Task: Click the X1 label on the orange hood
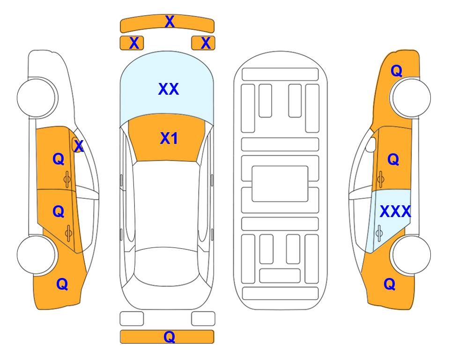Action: (x=169, y=138)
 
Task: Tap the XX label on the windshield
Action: (x=169, y=89)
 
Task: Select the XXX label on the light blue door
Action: (x=395, y=212)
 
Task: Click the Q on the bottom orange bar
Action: (x=169, y=337)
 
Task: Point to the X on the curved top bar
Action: (x=170, y=22)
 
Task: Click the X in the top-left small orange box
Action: (x=134, y=43)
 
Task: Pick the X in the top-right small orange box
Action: (x=206, y=43)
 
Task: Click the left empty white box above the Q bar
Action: (x=132, y=319)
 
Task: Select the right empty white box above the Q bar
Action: (x=203, y=319)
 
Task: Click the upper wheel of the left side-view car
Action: (x=37, y=97)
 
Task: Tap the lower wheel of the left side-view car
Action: (x=37, y=255)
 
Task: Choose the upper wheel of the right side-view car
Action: (x=411, y=97)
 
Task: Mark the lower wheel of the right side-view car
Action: (x=411, y=255)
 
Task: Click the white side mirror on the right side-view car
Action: (x=371, y=144)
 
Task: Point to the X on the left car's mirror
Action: (x=79, y=146)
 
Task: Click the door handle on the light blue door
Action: (x=379, y=233)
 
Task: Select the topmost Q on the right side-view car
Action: (x=396, y=71)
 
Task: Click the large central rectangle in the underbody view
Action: (x=280, y=184)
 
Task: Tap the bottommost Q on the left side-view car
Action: (x=62, y=284)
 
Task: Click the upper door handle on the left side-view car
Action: (x=67, y=179)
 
